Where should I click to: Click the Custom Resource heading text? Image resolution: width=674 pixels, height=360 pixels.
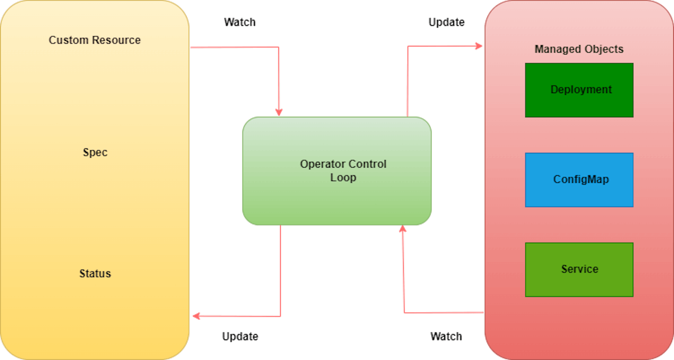[x=94, y=40]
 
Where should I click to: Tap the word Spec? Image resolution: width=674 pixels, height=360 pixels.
[x=95, y=152]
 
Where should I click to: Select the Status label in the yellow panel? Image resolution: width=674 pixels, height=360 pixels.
[x=95, y=273]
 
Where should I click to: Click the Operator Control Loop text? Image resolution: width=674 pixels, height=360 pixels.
[x=343, y=171]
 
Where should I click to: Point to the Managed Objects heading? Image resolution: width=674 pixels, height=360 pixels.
[x=579, y=49]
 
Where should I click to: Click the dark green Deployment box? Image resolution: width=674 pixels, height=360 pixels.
[x=579, y=90]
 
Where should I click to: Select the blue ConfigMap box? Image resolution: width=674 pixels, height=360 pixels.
[x=579, y=180]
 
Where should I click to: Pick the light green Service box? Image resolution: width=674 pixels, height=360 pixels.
[x=579, y=270]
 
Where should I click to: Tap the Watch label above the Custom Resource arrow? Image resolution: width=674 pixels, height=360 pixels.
[x=240, y=22]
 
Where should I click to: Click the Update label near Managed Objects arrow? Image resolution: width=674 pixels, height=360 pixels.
[x=447, y=22]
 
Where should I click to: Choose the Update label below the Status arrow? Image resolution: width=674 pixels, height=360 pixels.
[x=240, y=336]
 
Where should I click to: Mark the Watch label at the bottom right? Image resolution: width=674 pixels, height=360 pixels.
[x=446, y=336]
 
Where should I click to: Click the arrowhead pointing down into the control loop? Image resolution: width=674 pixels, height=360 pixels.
[x=279, y=112]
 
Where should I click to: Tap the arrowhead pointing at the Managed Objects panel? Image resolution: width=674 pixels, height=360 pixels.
[x=479, y=46]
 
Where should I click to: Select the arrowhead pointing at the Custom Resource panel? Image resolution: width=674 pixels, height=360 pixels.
[x=196, y=316]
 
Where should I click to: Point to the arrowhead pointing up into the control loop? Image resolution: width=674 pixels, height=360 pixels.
[x=403, y=230]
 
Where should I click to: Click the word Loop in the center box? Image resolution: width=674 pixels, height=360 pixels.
[x=343, y=178]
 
